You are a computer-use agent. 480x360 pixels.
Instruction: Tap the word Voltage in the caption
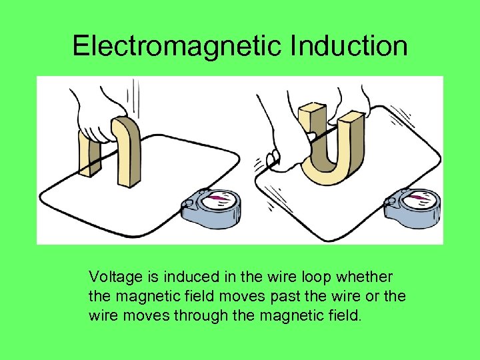(x=114, y=277)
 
